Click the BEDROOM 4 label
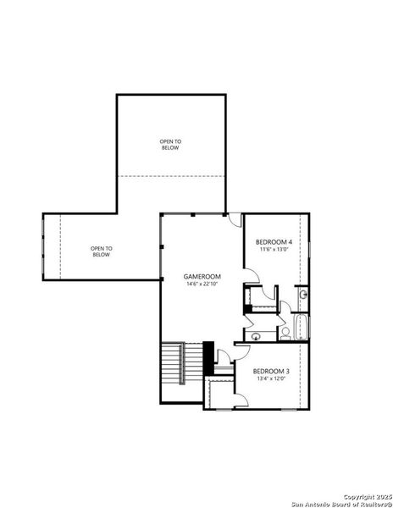[x=274, y=243]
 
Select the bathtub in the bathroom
[x=302, y=327]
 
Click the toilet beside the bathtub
[x=286, y=333]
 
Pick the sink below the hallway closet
[x=255, y=336]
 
